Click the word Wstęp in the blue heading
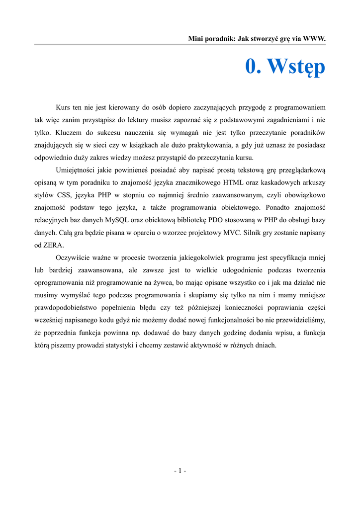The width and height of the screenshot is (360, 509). (x=296, y=67)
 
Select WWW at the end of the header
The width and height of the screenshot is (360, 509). (x=313, y=38)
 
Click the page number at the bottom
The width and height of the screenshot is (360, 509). (x=180, y=471)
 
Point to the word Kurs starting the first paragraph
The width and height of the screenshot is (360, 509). (x=64, y=107)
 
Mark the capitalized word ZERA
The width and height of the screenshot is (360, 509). (x=54, y=246)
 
